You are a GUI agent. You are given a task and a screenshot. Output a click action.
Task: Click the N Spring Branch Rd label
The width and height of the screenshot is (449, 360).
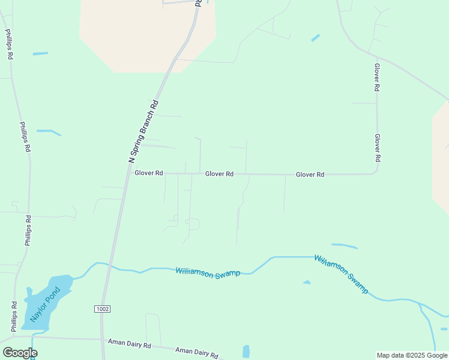click(144, 130)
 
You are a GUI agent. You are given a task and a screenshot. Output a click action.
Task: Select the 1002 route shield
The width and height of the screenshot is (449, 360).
click(103, 308)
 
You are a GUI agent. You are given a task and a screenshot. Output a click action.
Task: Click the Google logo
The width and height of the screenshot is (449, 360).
click(20, 353)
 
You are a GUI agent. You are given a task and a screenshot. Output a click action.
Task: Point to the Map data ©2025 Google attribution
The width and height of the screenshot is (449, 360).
click(412, 355)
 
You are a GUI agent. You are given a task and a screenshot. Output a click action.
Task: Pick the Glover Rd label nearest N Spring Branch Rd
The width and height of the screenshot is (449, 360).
click(149, 173)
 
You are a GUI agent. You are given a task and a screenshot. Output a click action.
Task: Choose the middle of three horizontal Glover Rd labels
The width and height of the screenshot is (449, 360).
click(219, 174)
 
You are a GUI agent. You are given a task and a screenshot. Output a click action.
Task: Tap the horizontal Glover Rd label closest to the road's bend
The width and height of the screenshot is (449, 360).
click(310, 175)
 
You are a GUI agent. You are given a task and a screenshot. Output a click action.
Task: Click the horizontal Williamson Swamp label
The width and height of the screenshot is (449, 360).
click(208, 272)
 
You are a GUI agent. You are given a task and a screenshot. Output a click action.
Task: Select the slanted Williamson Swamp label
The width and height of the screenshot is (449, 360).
click(341, 274)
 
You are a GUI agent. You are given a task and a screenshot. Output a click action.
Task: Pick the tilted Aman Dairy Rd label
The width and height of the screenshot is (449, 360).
click(197, 352)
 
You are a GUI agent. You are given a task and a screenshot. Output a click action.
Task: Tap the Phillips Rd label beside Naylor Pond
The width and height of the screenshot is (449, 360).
click(14, 317)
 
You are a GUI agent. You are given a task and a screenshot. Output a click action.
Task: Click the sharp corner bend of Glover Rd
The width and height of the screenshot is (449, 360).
click(376, 173)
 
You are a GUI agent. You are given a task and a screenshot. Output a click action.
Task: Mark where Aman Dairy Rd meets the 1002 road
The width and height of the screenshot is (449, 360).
click(101, 339)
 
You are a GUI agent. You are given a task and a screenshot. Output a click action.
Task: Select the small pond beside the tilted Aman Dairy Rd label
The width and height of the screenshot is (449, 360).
click(246, 352)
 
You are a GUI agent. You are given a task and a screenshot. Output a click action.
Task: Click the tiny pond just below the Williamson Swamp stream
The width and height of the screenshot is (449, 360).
click(307, 282)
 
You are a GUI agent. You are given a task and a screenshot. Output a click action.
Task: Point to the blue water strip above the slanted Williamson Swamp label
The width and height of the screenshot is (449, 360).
click(344, 245)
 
